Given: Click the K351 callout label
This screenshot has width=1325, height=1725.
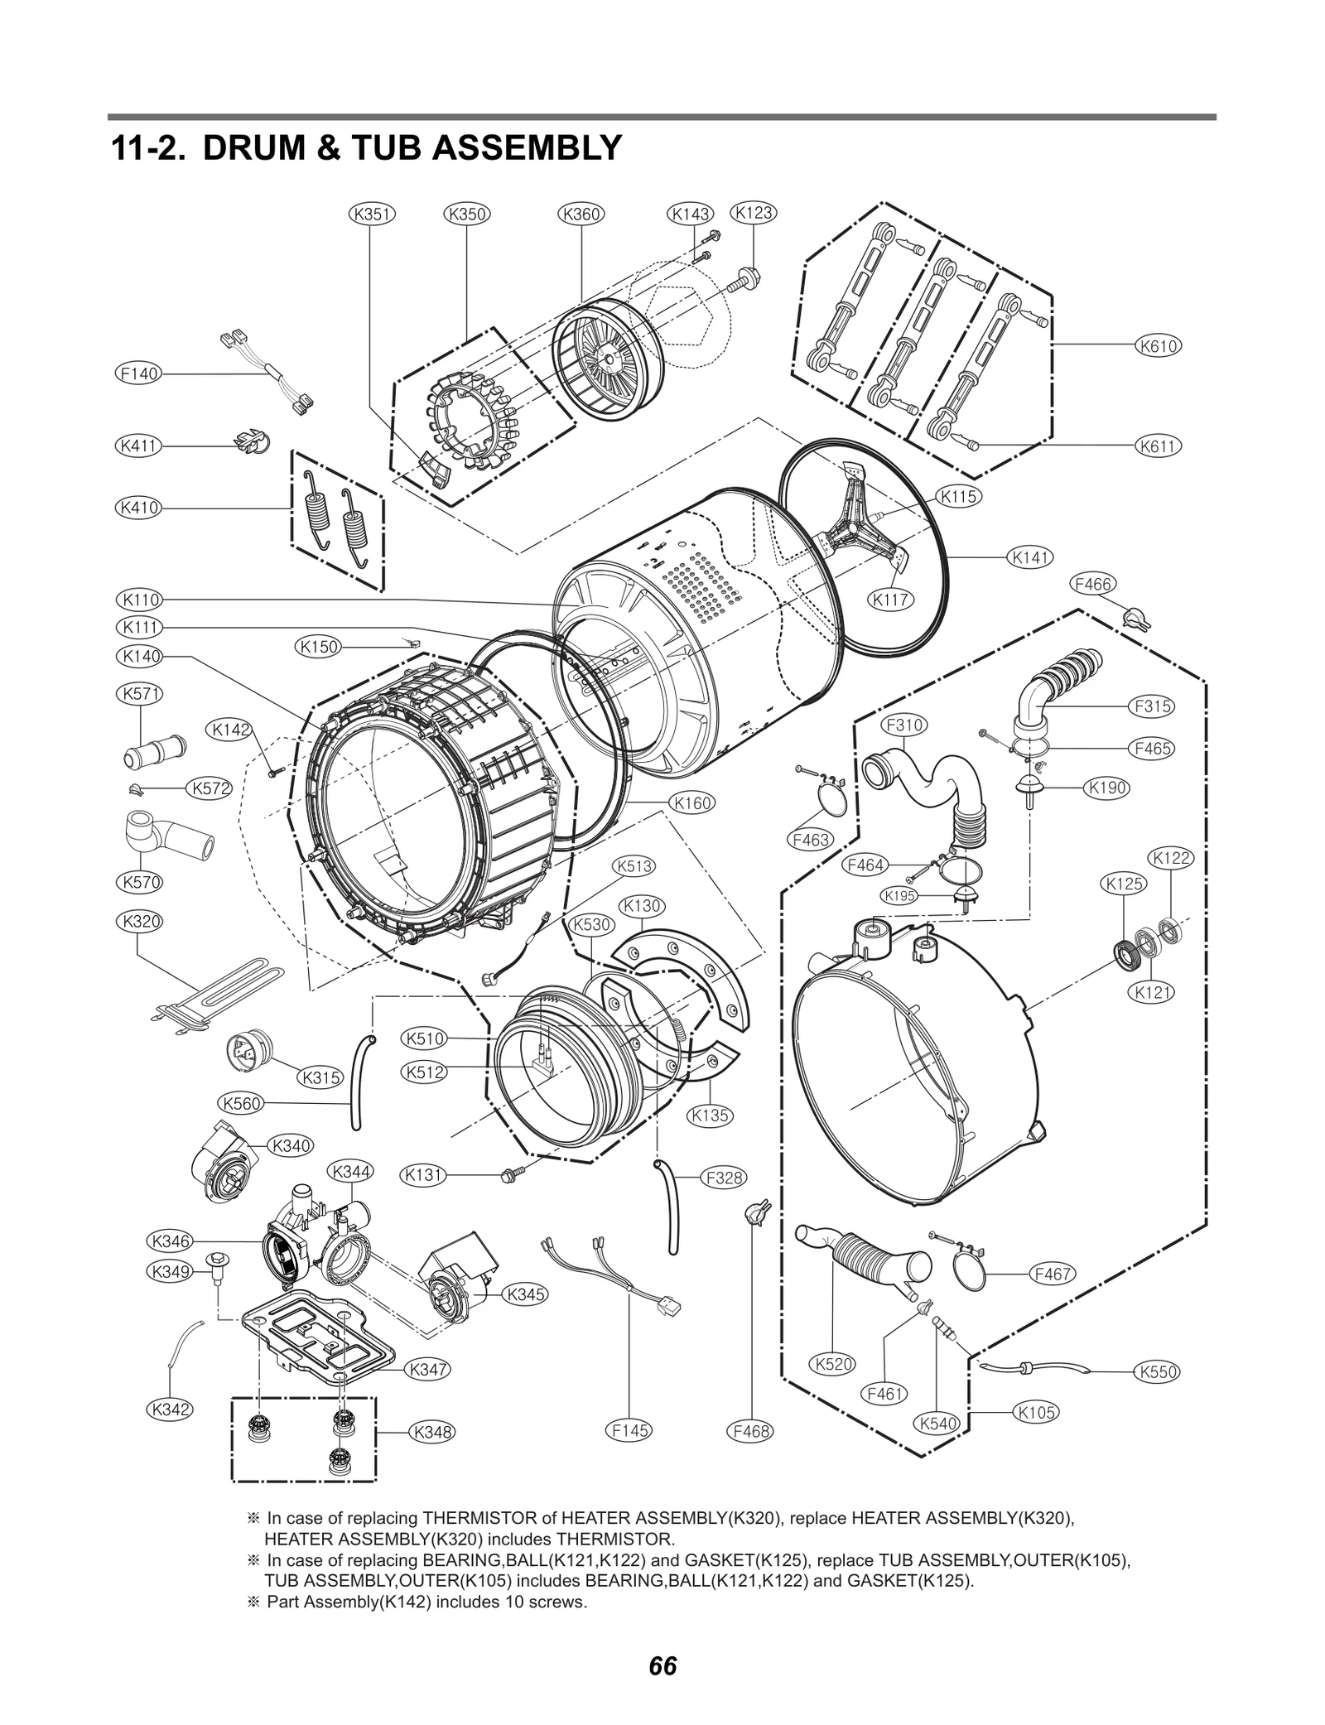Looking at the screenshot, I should pos(372,214).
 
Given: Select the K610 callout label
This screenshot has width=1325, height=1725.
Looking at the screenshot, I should pos(1158,346).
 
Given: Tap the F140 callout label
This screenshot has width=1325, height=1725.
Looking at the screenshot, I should pos(137,373).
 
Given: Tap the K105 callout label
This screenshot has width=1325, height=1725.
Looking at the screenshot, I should pos(1036,1412).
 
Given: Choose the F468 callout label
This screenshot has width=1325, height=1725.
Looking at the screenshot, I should pos(750,1430).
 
